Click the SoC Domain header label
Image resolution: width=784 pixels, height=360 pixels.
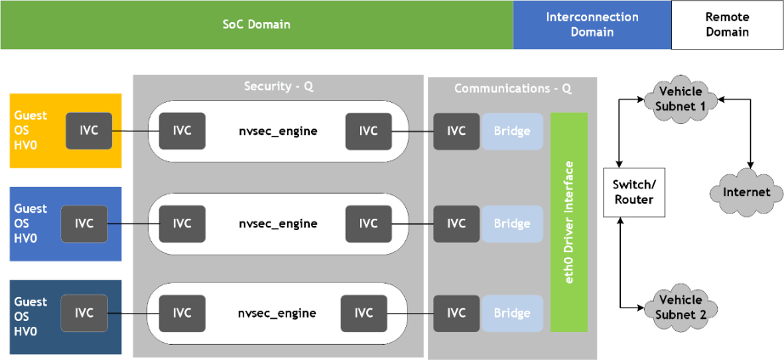(x=257, y=25)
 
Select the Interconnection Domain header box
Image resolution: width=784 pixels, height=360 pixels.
(x=592, y=25)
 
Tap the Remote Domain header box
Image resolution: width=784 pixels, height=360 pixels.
(x=727, y=25)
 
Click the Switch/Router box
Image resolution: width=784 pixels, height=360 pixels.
(x=634, y=193)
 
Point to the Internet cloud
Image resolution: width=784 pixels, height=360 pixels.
(x=747, y=193)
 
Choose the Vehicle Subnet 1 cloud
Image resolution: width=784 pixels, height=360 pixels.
(x=680, y=98)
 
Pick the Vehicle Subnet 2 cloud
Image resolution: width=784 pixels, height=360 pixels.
(x=680, y=307)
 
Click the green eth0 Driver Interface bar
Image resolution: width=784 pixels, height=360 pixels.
(x=569, y=222)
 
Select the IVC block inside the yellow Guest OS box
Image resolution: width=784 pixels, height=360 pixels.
(x=89, y=131)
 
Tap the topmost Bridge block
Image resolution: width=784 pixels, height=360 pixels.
(x=512, y=131)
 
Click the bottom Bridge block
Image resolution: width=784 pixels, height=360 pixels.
(x=512, y=313)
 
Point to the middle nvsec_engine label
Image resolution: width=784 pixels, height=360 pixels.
(x=278, y=223)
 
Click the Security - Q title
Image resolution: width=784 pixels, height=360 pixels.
(x=279, y=86)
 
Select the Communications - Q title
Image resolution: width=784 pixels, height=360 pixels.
(x=513, y=88)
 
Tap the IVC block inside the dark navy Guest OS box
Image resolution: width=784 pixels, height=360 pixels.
(x=84, y=313)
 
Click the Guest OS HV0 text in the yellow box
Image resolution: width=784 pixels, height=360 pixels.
(x=31, y=130)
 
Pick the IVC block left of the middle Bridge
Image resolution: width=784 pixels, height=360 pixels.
(x=456, y=223)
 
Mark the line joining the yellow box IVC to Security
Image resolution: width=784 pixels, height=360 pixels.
(x=136, y=132)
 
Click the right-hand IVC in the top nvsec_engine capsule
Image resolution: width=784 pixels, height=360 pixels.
(x=369, y=131)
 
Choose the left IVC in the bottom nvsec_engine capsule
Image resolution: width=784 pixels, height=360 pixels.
(x=182, y=313)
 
